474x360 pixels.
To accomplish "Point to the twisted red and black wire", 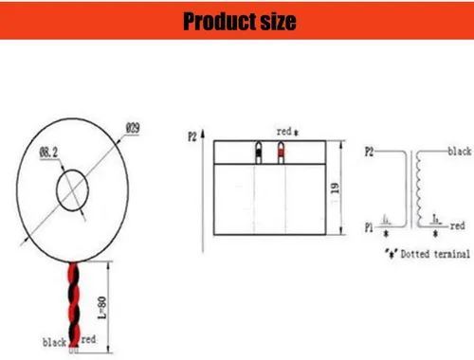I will [73, 294].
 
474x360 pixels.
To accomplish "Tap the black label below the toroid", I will [51, 339].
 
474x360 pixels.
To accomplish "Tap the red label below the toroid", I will [88, 338].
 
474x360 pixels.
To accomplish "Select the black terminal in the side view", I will [259, 153].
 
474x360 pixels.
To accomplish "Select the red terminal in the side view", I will [280, 153].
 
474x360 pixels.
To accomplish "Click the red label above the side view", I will [283, 132].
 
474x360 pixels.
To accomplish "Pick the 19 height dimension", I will [350, 189].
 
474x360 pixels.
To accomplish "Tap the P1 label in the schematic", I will [371, 226].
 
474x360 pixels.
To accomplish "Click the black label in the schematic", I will [459, 152].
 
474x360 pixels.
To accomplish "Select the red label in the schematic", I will [457, 226].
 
